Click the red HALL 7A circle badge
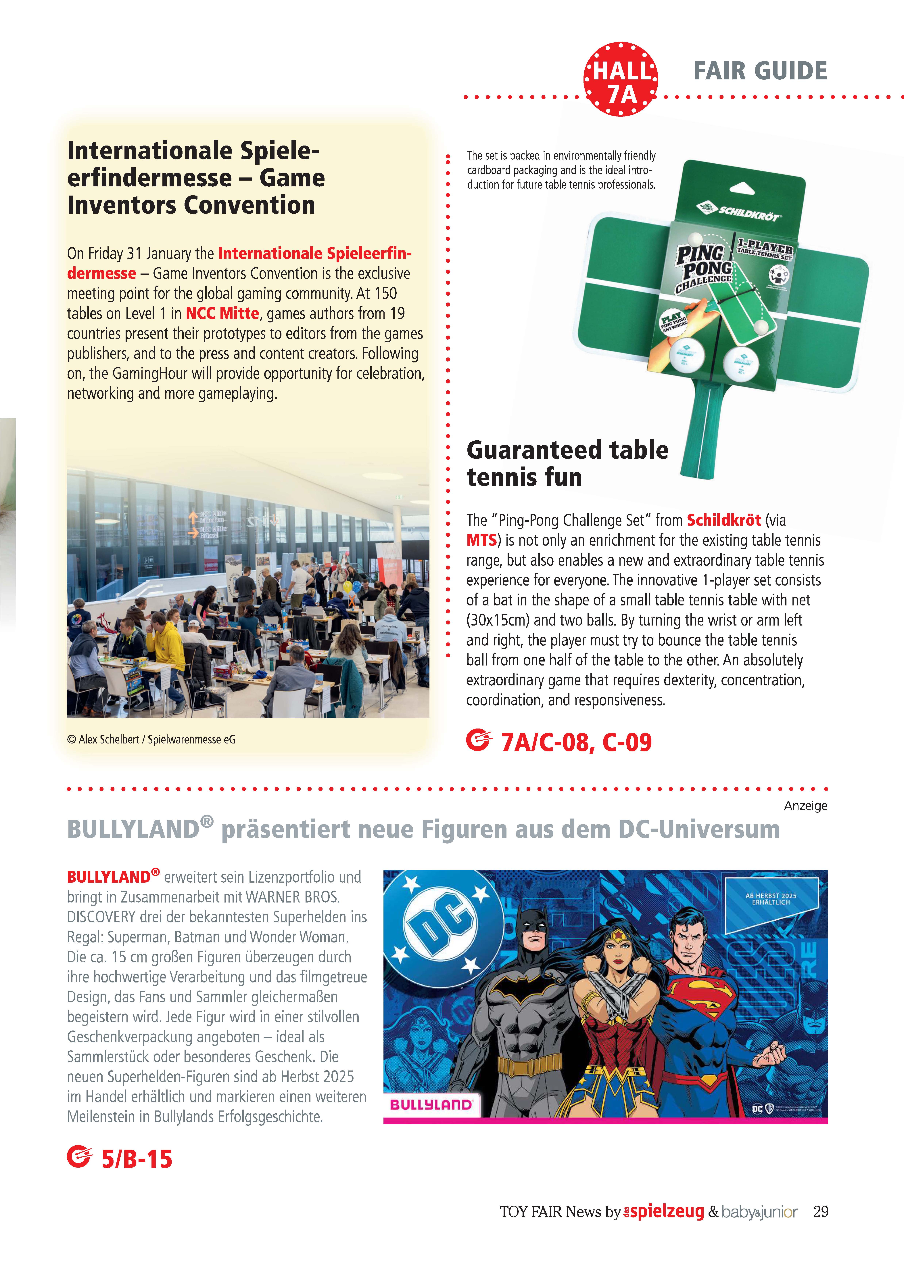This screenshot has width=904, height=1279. (621, 79)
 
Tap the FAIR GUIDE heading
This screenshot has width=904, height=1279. (760, 71)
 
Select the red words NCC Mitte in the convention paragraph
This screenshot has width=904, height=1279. (222, 314)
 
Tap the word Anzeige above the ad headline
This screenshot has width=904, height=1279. (805, 806)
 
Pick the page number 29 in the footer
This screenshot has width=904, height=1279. (820, 1212)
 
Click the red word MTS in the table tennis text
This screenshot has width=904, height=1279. (481, 540)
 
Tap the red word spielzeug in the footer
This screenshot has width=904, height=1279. (667, 1212)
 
